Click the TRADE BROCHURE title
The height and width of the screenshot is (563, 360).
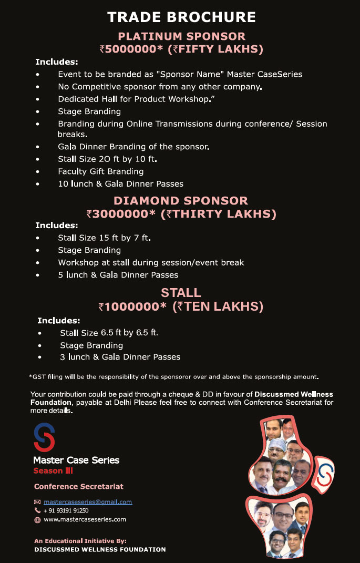coord(181,17)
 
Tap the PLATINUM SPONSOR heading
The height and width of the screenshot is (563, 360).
coord(181,37)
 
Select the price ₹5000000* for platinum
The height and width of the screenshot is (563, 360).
coord(128,49)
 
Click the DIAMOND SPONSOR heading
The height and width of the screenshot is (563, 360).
coord(181,201)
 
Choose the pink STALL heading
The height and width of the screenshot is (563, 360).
coord(181,293)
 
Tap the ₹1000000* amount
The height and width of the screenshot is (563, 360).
coord(133,306)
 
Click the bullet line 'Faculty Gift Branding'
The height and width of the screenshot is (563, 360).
coord(100,171)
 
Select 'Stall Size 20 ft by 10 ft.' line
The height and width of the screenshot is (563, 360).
coord(107,159)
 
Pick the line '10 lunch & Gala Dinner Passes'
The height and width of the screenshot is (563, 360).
coord(120,184)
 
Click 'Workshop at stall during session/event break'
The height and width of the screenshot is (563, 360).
coord(151,262)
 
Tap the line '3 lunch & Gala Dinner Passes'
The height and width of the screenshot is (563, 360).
coord(120,357)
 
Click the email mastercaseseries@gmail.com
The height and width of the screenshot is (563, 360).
coord(88,501)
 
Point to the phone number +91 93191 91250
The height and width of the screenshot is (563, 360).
coord(66,510)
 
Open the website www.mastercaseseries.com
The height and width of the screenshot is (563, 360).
coord(85,519)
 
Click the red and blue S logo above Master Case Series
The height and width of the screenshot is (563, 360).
coord(44,437)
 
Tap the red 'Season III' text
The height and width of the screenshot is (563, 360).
coord(53,471)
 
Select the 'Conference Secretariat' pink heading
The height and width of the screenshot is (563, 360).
coord(79,486)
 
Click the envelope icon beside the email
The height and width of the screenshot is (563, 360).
coord(37,502)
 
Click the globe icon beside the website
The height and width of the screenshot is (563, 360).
coord(37,520)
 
